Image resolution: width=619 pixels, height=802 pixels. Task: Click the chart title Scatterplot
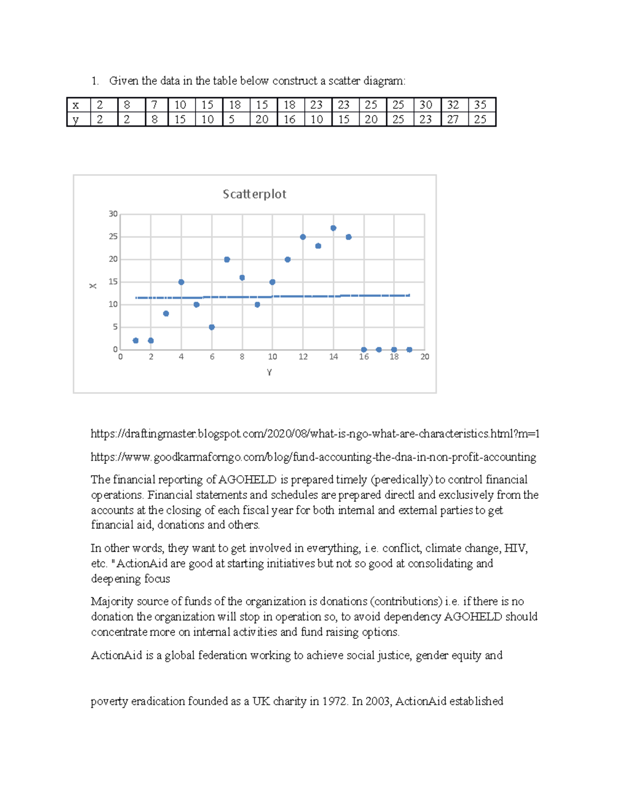[254, 194]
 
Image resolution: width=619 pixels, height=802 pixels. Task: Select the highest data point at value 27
[333, 228]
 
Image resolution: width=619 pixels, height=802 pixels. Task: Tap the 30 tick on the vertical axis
[113, 214]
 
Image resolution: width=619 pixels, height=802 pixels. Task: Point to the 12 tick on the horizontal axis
[303, 357]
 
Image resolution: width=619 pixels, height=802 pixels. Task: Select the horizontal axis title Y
[269, 372]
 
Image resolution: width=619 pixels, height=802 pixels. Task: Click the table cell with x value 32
[453, 105]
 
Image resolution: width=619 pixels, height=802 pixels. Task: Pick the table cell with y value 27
[453, 119]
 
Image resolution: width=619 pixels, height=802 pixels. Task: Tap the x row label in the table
[76, 105]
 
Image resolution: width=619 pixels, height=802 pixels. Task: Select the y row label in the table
[76, 119]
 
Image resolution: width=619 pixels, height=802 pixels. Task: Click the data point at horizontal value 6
[211, 327]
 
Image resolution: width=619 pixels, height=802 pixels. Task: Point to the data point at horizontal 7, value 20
[227, 260]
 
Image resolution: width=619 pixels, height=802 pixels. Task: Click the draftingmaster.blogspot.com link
[315, 434]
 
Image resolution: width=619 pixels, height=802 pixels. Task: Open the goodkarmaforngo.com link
[313, 457]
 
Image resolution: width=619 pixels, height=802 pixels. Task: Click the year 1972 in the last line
[335, 701]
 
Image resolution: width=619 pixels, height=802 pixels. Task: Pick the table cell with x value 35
[480, 105]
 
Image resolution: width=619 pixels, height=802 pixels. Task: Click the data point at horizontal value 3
[166, 314]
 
